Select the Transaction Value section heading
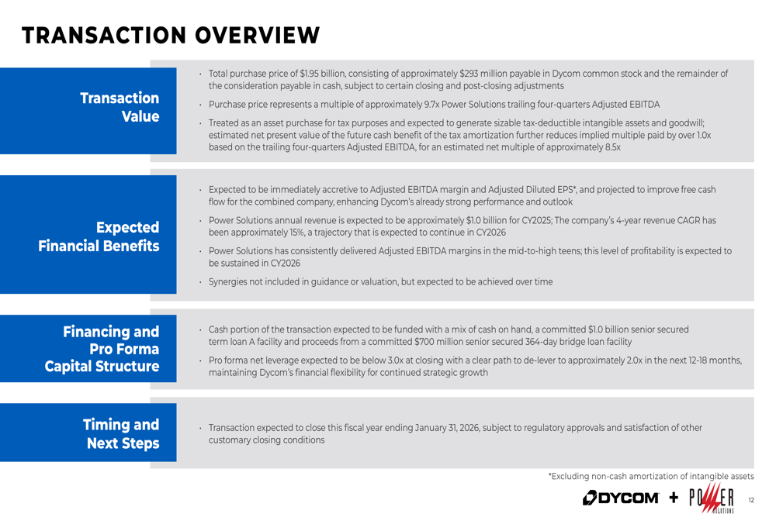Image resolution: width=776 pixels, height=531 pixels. pos(120,107)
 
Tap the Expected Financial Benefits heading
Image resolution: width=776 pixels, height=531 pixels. pos(99,236)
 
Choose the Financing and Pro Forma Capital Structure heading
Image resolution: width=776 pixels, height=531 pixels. pos(102,349)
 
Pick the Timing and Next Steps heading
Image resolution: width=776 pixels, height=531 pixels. pos(121,433)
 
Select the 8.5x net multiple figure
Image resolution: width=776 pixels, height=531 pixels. pos(611,147)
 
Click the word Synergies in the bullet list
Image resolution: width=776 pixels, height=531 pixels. pos(227,281)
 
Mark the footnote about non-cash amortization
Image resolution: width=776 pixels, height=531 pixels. pos(650,476)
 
